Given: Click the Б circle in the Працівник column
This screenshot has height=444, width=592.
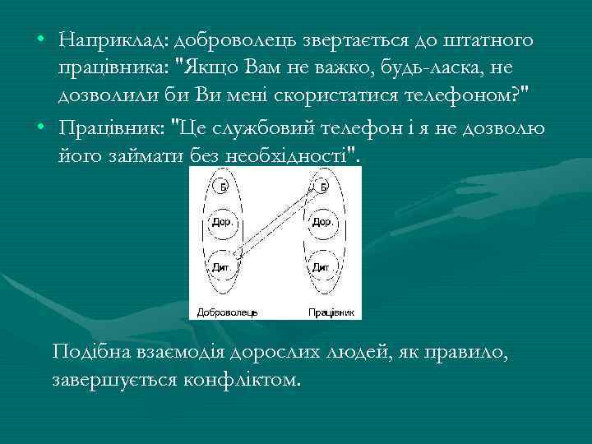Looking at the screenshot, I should (323, 187).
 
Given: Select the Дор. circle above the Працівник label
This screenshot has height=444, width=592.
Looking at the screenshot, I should (322, 222).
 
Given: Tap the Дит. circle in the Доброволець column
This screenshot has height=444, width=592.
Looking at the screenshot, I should (222, 266).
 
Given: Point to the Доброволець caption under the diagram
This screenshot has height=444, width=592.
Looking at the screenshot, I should (227, 312).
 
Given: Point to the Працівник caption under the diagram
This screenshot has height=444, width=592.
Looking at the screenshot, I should (331, 312).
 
